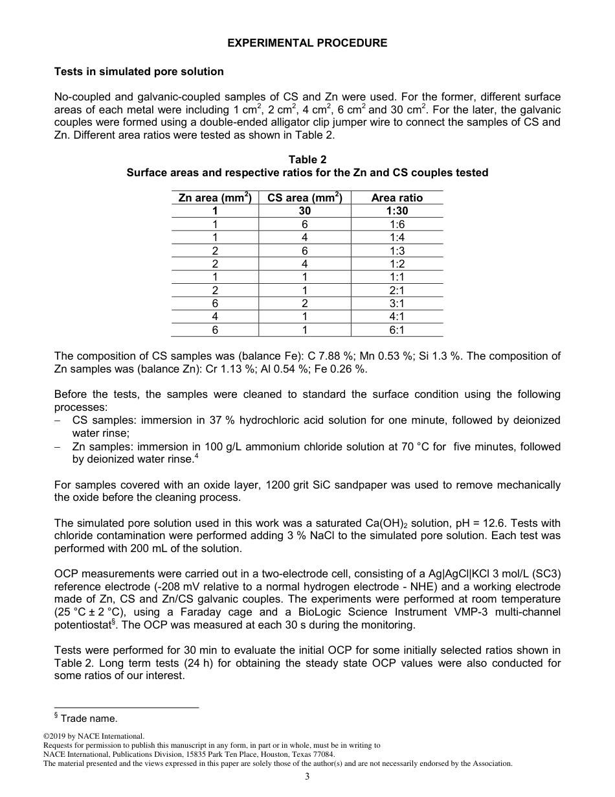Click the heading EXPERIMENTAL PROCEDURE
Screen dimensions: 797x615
click(x=307, y=43)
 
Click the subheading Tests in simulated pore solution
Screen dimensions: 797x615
click(x=139, y=71)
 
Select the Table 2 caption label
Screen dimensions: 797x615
click(x=307, y=159)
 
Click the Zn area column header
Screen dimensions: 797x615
click(x=215, y=198)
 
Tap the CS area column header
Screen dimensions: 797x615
click(x=304, y=198)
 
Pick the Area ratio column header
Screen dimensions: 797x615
click(x=397, y=198)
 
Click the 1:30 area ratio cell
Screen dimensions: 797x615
click(x=397, y=211)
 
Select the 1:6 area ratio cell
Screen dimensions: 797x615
click(x=397, y=224)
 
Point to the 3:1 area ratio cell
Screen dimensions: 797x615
click(x=397, y=303)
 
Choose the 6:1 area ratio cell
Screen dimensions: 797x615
click(x=397, y=330)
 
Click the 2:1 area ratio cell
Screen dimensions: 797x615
click(x=397, y=290)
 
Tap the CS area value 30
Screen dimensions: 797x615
click(x=304, y=211)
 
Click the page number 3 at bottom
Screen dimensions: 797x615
click(x=307, y=777)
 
